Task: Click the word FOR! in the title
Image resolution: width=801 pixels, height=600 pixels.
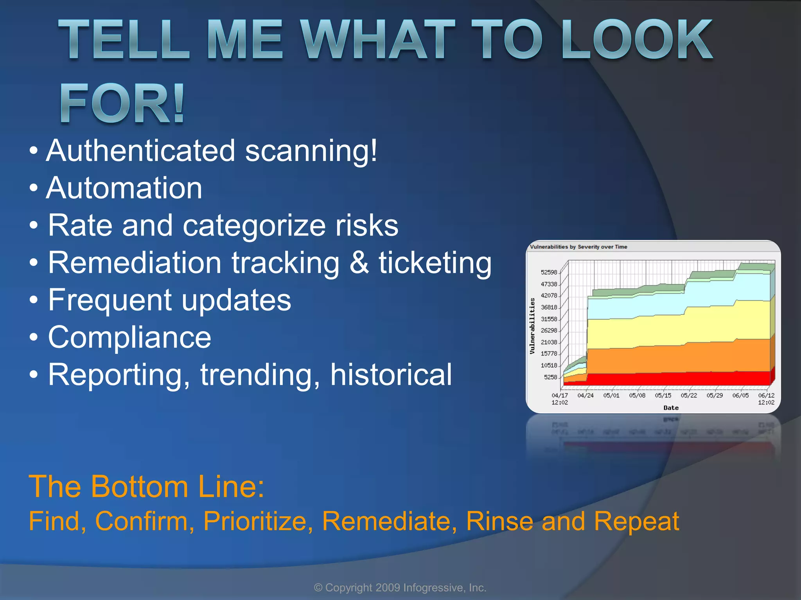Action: (x=122, y=104)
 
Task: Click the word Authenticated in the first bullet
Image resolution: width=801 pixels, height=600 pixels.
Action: (x=141, y=151)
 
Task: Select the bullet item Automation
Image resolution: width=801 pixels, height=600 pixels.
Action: (x=124, y=188)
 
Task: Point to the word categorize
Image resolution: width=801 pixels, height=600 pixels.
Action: (x=254, y=225)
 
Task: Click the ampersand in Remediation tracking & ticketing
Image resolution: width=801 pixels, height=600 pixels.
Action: (x=359, y=262)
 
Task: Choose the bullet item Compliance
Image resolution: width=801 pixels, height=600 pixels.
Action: (x=129, y=337)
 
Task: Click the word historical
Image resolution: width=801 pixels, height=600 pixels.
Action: (x=391, y=375)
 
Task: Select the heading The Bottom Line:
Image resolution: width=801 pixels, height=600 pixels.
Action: (x=147, y=487)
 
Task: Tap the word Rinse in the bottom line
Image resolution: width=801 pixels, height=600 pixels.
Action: (x=499, y=521)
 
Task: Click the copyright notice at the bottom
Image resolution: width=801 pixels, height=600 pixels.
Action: (x=400, y=587)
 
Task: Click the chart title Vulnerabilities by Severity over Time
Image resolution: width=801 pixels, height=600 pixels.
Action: (x=578, y=247)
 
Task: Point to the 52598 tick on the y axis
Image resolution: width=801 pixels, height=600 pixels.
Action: (x=549, y=272)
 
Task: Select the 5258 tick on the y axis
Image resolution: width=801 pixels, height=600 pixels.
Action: (x=550, y=377)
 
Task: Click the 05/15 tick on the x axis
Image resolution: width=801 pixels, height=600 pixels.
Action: (x=663, y=395)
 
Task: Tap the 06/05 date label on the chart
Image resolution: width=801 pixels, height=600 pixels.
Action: (x=740, y=395)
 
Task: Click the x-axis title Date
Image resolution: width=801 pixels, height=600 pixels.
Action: (x=671, y=408)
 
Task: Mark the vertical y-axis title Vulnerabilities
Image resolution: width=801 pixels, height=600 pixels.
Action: (x=532, y=326)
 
